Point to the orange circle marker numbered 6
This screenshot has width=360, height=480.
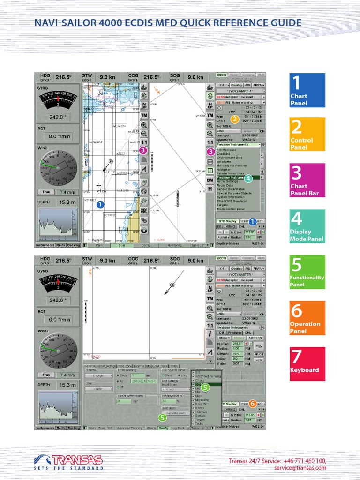click(x=252, y=403)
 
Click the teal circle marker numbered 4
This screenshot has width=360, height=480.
click(x=248, y=178)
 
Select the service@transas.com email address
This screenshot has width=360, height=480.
click(x=300, y=468)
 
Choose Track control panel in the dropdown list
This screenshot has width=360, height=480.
click(x=231, y=209)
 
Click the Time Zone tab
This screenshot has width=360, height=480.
click(x=125, y=365)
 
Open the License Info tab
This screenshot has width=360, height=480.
click(x=142, y=365)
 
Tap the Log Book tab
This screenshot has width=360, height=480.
click(x=178, y=428)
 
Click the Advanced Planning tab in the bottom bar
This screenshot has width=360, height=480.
click(x=130, y=428)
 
